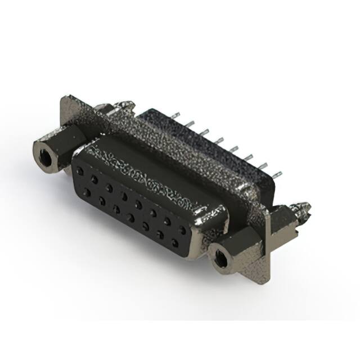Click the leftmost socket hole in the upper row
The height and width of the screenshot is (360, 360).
point(79,168)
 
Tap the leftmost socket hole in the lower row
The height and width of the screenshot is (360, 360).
point(87,192)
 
